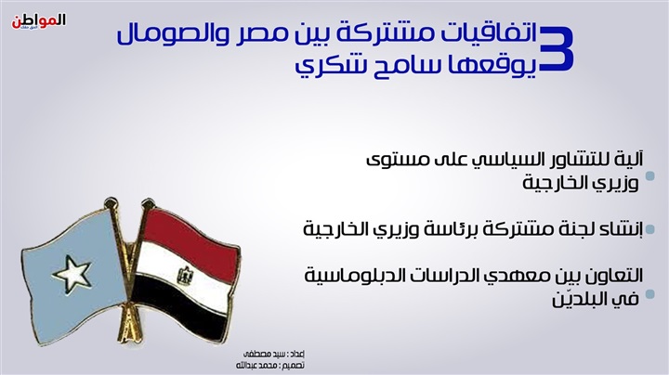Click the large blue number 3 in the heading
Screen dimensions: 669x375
click(x=557, y=48)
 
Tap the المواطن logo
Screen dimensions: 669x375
click(x=38, y=21)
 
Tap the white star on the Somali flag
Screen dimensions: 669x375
click(x=72, y=273)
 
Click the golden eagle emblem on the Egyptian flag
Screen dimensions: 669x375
click(x=185, y=276)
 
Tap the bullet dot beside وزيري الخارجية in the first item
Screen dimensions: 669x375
click(x=650, y=176)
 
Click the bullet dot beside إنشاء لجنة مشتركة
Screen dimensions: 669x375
click(x=650, y=230)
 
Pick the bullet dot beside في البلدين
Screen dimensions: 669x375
click(x=650, y=294)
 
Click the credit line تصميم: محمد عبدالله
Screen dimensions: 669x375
click(x=270, y=366)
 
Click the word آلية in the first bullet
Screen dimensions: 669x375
click(x=629, y=159)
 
